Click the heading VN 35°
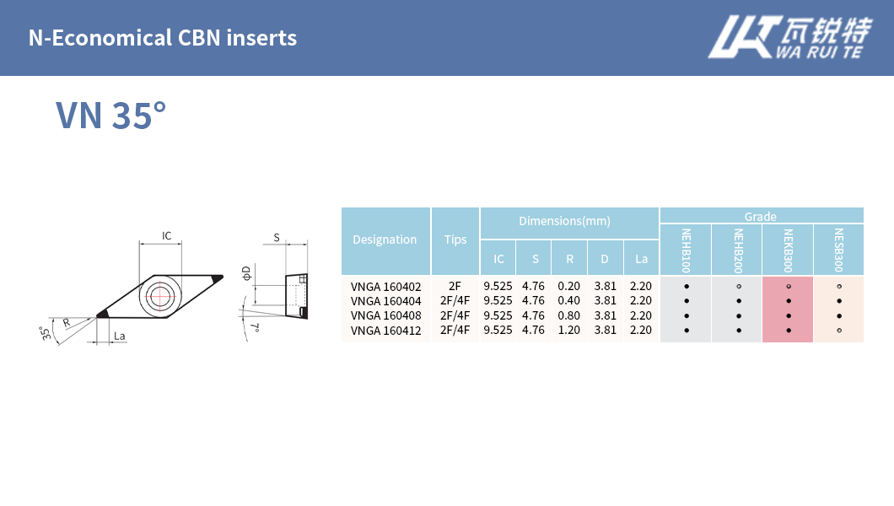pyautogui.click(x=110, y=116)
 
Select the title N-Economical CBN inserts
pyautogui.click(x=163, y=38)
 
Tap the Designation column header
pyautogui.click(x=385, y=240)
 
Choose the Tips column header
pyautogui.click(x=455, y=240)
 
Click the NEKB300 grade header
pyautogui.click(x=788, y=250)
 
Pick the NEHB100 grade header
pyautogui.click(x=686, y=250)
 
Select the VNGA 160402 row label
pyautogui.click(x=385, y=286)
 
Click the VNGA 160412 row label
pyautogui.click(x=385, y=330)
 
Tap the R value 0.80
pyautogui.click(x=569, y=315)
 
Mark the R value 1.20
pyautogui.click(x=569, y=330)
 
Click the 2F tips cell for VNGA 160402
pyautogui.click(x=455, y=286)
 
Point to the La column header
pyautogui.click(x=641, y=259)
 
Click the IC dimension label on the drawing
pyautogui.click(x=167, y=236)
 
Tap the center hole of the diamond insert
pyautogui.click(x=159, y=295)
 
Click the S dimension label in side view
pyautogui.click(x=277, y=238)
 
